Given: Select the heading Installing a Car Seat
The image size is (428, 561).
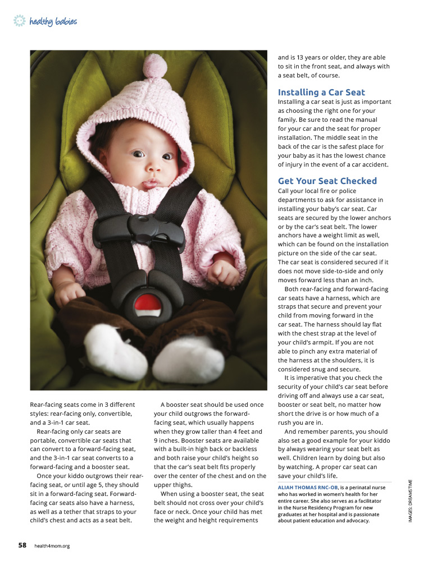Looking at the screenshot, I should click(321, 93).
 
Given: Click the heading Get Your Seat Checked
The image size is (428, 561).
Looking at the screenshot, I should click(327, 181).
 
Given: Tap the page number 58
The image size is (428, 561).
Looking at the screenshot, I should click(22, 544).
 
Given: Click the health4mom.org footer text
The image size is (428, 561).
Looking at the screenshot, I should click(52, 545).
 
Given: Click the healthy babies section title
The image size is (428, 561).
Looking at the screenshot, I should click(53, 22).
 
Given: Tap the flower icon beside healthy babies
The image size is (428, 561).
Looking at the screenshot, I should click(20, 21).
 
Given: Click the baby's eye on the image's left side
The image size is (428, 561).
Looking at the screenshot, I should click(138, 154).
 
